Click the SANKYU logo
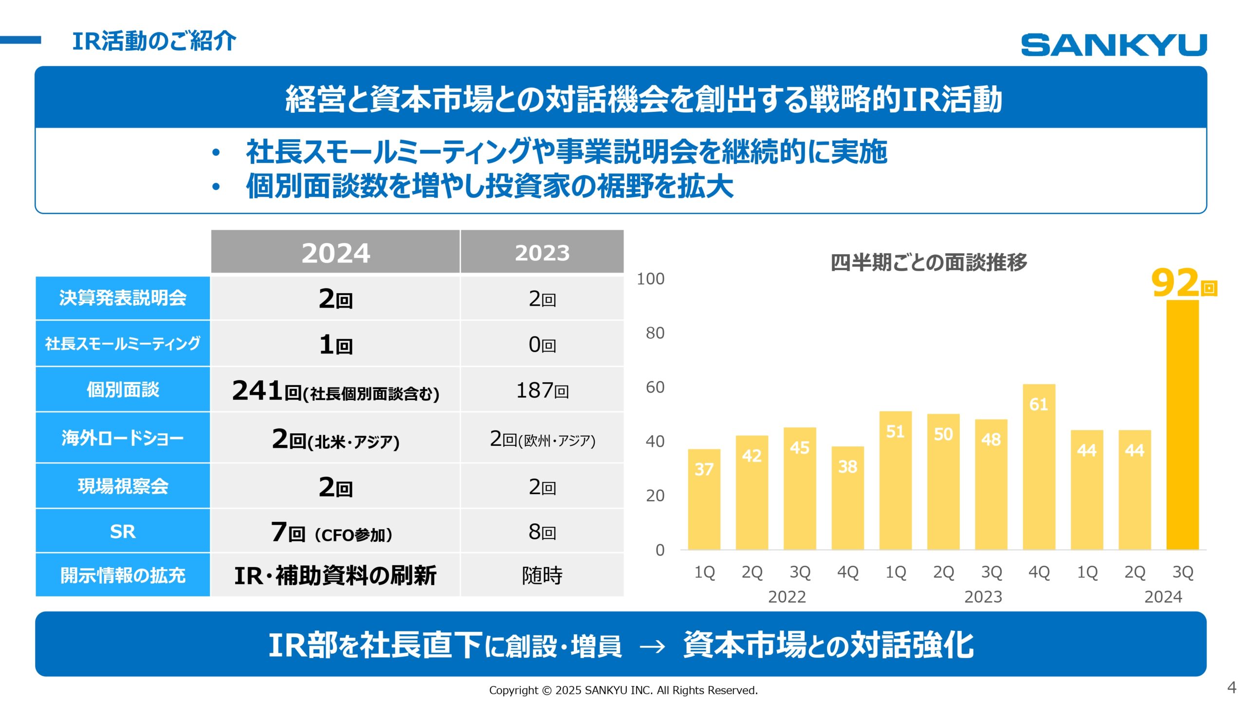point(1113,45)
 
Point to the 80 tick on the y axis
point(655,333)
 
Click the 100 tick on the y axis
point(650,279)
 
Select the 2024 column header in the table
point(335,252)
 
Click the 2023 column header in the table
point(542,252)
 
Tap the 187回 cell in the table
point(542,390)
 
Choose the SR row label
point(123,531)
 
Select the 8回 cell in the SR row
point(542,532)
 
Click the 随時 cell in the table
point(542,575)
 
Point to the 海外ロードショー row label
point(123,438)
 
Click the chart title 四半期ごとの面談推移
point(929,262)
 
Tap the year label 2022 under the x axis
point(787,597)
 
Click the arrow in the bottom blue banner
point(652,646)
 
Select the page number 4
point(1231,687)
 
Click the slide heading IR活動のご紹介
point(154,41)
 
